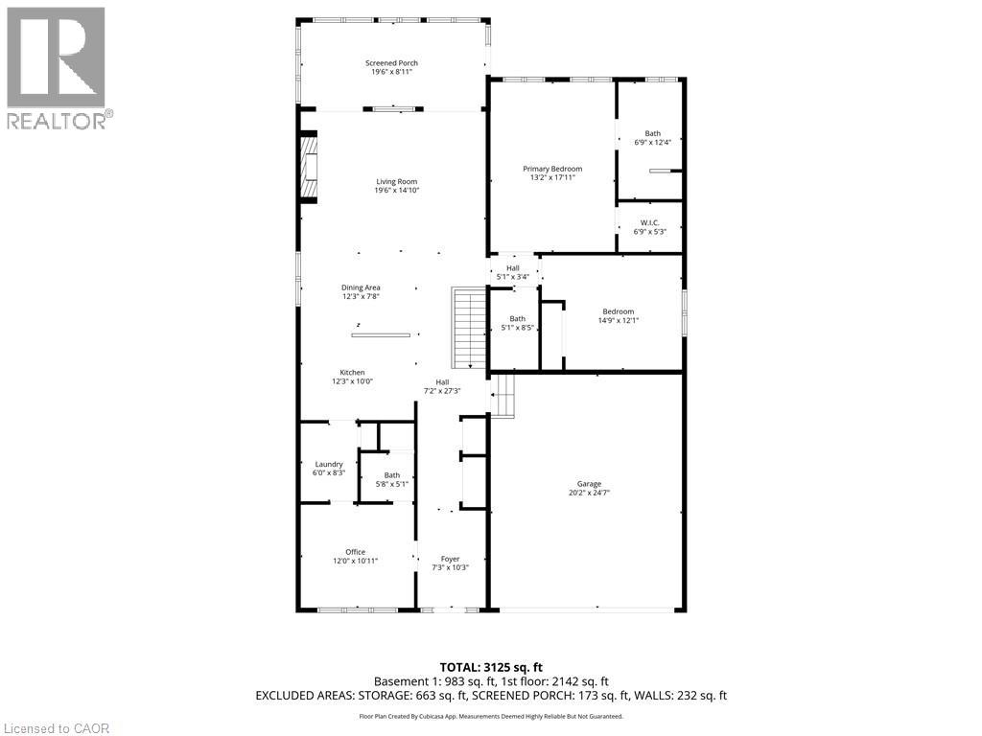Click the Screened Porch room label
[391, 68]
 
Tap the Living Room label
[396, 186]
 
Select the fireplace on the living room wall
[308, 169]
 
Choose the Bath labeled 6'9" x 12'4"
[652, 138]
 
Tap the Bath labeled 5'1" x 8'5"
[517, 323]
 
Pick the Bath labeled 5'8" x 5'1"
[391, 479]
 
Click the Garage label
[589, 489]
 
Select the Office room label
[355, 556]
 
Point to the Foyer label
[450, 563]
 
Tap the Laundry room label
[329, 469]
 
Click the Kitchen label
[352, 377]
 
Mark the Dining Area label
[361, 292]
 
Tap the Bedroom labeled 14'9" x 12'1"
[619, 315]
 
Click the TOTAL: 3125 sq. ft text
[490, 667]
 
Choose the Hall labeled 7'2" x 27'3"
[442, 386]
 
